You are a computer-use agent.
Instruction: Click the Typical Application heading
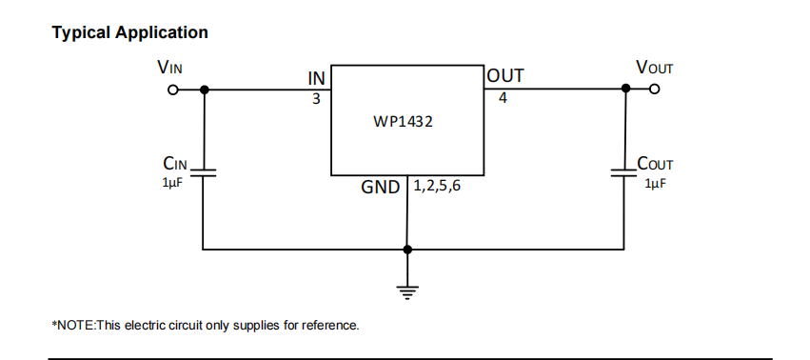coord(129,32)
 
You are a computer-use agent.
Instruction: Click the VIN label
coord(169,69)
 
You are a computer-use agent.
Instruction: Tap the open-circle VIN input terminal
coord(172,90)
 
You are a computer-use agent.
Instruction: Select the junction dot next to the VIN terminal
coord(204,90)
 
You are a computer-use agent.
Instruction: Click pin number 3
coord(316,98)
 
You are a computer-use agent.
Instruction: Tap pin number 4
coord(502,98)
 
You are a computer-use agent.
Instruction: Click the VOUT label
coord(654,69)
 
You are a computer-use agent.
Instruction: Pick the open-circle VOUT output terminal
coord(654,90)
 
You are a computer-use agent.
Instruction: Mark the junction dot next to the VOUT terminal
coord(625,90)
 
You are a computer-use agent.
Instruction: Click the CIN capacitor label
coord(175,164)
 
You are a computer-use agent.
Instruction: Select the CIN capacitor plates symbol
coord(204,174)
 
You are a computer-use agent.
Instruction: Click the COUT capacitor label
coord(655,164)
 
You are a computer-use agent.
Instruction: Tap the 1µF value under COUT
coord(655,183)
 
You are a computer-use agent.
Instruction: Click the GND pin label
coord(380,188)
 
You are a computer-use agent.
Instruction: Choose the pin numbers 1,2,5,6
coord(440,187)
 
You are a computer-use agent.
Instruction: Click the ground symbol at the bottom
coord(407,292)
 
